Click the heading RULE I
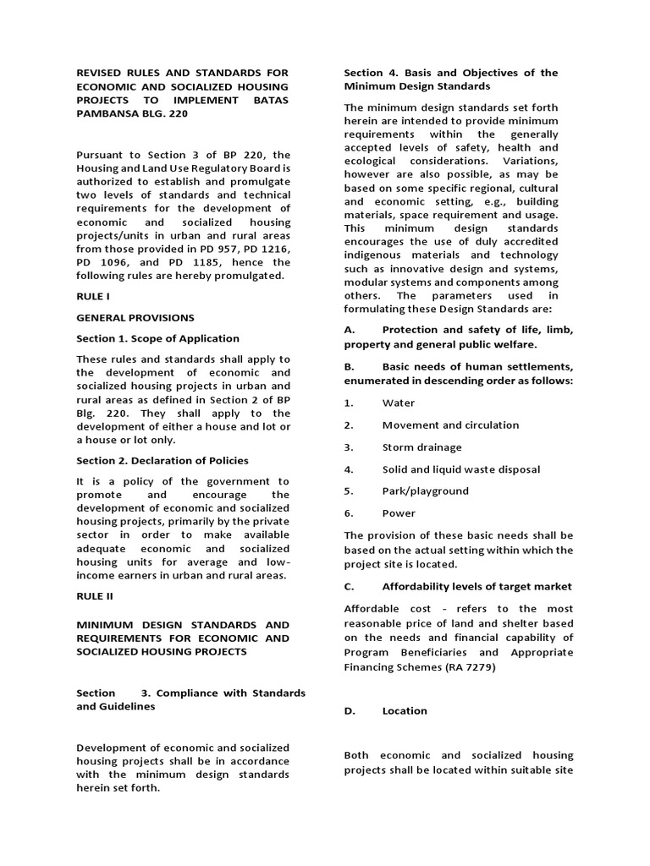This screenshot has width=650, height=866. [93, 297]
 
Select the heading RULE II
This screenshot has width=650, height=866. [95, 596]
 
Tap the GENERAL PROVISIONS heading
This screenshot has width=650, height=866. [135, 318]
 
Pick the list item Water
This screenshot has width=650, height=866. [399, 403]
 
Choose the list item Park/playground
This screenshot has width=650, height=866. [425, 491]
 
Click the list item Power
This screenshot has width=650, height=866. [399, 513]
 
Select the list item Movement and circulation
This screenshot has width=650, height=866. [450, 425]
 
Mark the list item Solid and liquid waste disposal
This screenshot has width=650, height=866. [460, 469]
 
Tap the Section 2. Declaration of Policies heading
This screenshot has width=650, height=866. [162, 461]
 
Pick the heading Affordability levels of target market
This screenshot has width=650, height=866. [476, 587]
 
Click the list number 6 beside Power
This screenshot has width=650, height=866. [348, 513]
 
